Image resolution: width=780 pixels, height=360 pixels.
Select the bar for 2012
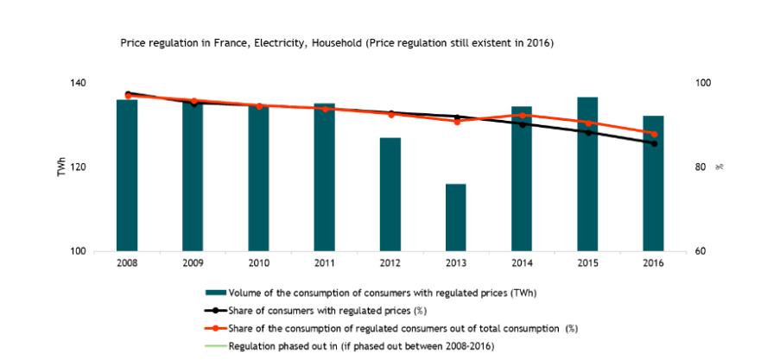coord(390,194)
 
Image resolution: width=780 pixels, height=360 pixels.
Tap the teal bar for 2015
coord(588,174)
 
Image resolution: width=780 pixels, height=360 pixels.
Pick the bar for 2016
coord(654,182)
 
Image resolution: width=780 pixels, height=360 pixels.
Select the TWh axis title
coord(61,167)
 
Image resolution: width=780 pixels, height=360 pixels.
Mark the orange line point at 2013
coord(457,122)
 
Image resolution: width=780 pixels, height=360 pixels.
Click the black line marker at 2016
coord(654,143)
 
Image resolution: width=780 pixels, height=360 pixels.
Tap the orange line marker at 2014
coord(523,115)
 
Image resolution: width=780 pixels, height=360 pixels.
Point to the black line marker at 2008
coord(128,93)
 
